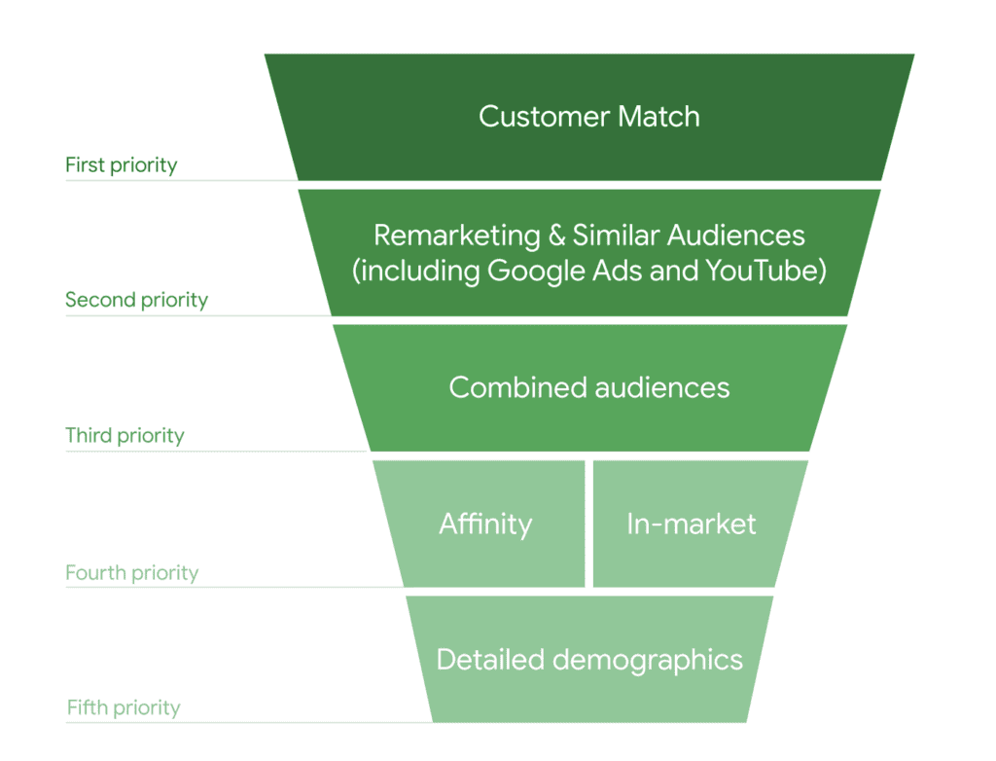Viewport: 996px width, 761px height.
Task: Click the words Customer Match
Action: [589, 117]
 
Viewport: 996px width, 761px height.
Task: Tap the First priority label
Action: [121, 165]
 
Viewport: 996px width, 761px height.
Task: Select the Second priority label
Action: [136, 300]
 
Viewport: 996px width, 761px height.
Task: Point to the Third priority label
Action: [124, 435]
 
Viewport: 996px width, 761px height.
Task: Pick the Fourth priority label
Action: [131, 572]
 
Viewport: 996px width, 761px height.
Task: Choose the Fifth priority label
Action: [124, 707]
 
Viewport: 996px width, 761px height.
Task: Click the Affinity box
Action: [484, 525]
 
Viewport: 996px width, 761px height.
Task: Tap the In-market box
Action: [692, 525]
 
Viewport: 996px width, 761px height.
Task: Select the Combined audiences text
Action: [589, 388]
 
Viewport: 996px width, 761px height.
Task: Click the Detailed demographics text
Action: [589, 660]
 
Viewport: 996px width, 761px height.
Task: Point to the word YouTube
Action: [768, 270]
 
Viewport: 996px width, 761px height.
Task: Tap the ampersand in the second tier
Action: [556, 236]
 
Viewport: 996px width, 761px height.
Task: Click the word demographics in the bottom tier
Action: [648, 661]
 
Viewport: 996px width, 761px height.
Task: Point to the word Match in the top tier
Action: [659, 117]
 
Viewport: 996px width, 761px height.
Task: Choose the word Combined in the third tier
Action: [504, 388]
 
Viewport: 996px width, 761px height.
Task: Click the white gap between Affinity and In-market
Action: [589, 524]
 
